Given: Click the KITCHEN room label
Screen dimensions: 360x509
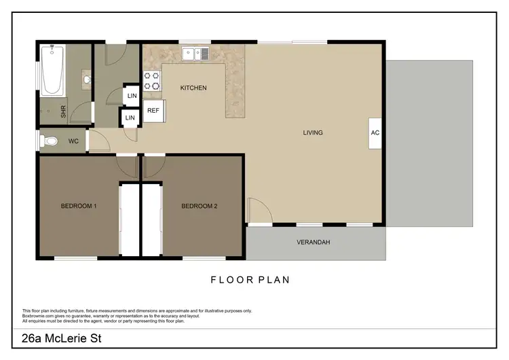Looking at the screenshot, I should pyautogui.click(x=193, y=88).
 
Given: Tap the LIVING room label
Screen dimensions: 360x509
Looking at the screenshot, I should pyautogui.click(x=312, y=132).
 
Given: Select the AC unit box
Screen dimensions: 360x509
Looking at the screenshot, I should pyautogui.click(x=375, y=132).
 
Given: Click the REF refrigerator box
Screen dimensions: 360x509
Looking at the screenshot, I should pyautogui.click(x=153, y=110).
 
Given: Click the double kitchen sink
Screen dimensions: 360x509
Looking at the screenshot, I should pyautogui.click(x=196, y=52).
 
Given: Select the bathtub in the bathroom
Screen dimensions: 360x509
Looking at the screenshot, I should pyautogui.click(x=52, y=70).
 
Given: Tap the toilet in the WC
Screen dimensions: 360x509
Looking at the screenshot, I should pyautogui.click(x=49, y=141).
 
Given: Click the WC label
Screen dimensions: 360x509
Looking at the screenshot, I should pyautogui.click(x=73, y=142).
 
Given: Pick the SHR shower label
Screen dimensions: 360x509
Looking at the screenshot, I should pyautogui.click(x=64, y=112).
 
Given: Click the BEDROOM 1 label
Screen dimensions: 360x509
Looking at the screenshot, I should pyautogui.click(x=79, y=206).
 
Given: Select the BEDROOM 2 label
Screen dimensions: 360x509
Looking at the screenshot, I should pyautogui.click(x=199, y=206).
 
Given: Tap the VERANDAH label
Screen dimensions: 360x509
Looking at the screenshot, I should pyautogui.click(x=314, y=242).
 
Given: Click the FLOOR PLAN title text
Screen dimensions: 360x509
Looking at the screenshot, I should pyautogui.click(x=250, y=280).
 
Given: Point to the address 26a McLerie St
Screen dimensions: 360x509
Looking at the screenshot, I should pyautogui.click(x=62, y=338).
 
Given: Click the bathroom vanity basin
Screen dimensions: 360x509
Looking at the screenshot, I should pyautogui.click(x=87, y=80).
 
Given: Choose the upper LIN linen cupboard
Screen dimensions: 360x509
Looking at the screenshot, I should pyautogui.click(x=132, y=96).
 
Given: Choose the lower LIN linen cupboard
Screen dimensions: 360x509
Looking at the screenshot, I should pyautogui.click(x=130, y=118).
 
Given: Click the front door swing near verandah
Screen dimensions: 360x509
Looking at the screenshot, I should pyautogui.click(x=258, y=211).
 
